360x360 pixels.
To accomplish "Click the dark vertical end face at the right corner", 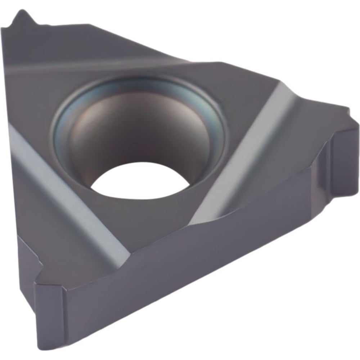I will [x=344, y=155].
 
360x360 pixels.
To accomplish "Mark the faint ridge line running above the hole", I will [x=119, y=67].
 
